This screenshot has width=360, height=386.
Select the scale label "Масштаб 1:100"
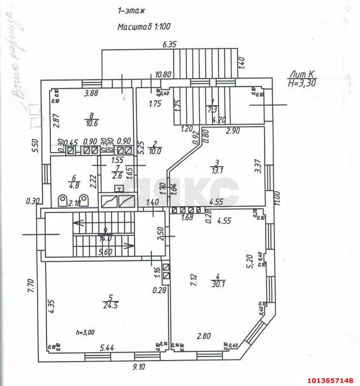coord(144,26)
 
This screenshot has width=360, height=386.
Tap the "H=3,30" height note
coord(301,83)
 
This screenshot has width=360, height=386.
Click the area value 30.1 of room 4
coord(218,284)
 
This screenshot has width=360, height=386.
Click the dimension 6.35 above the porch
coord(169,44)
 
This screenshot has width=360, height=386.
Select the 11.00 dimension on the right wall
coord(277,198)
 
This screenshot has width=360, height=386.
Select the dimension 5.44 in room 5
coord(107,348)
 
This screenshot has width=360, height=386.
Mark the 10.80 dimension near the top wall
coord(163,74)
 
